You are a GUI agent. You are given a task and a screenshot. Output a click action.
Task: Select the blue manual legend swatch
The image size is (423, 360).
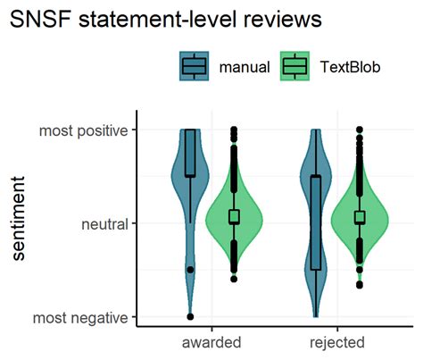click(194, 66)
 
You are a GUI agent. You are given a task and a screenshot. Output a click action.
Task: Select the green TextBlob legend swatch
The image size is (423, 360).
click(294, 66)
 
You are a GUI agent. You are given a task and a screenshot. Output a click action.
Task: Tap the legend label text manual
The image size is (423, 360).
click(245, 67)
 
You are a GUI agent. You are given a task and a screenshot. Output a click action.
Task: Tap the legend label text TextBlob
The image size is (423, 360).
click(350, 67)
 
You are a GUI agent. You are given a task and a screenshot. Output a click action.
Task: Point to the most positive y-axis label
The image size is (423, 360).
click(84, 131)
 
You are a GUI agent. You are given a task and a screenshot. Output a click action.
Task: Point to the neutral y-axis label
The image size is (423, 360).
click(104, 224)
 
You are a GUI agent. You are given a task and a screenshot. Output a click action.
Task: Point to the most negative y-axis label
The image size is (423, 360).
click(80, 318)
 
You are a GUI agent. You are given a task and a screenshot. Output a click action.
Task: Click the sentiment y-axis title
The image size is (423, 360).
click(19, 219)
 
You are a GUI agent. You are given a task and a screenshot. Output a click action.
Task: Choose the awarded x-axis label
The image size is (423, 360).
click(211, 342)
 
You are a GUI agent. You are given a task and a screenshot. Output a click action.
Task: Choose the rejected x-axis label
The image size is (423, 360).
click(337, 343)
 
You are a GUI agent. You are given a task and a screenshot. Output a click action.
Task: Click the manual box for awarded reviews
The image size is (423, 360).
click(190, 153)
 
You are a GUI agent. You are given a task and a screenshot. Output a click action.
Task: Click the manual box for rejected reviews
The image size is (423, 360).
click(316, 223)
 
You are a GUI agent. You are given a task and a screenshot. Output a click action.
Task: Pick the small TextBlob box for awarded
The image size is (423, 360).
click(235, 216)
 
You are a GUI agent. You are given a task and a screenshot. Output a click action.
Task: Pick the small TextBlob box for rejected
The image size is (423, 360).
click(360, 217)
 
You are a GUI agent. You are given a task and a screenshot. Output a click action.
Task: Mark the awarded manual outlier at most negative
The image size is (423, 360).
click(190, 316)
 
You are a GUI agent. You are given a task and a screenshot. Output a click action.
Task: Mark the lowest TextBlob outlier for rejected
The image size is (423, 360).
click(360, 285)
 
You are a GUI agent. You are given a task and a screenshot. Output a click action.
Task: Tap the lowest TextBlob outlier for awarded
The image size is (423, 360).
click(235, 279)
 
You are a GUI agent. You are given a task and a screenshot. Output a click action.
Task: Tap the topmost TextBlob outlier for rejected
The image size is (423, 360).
click(360, 130)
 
